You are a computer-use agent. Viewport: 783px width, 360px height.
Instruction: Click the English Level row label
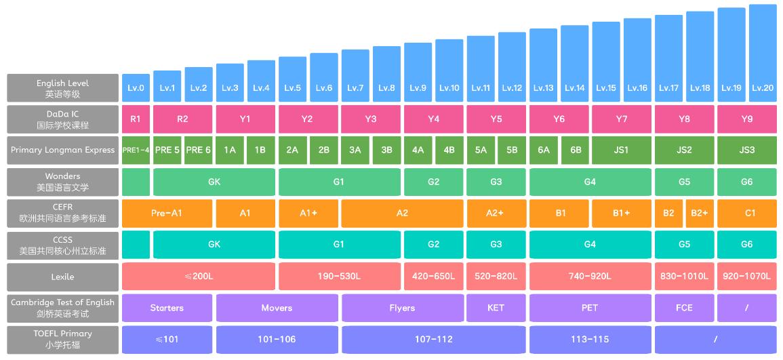[62, 88]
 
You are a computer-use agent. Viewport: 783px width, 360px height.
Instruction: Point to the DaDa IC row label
[62, 119]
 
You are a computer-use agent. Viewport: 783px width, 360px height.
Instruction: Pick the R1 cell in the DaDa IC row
[136, 119]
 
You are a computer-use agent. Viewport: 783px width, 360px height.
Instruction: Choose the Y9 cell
[746, 119]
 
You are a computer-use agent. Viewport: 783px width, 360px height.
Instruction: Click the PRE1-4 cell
[136, 151]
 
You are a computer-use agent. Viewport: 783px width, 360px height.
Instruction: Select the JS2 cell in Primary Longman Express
[684, 151]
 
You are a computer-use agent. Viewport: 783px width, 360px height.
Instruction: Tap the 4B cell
[449, 151]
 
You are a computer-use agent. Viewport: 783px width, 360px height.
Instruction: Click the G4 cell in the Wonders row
[590, 182]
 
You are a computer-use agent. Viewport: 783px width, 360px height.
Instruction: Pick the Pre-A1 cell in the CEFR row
[167, 213]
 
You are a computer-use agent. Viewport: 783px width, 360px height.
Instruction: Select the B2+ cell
[700, 213]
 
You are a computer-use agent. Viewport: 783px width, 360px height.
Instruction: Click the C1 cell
[746, 213]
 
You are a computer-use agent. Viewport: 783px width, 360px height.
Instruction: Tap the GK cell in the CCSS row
[214, 244]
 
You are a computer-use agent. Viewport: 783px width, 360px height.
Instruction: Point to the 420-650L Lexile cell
[433, 277]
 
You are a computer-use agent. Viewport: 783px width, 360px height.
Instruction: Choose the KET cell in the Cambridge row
[496, 308]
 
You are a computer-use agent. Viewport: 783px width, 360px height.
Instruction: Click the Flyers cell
[402, 308]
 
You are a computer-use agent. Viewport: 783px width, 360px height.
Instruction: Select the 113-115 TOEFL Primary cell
[590, 339]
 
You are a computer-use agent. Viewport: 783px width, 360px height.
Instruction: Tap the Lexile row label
[62, 277]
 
